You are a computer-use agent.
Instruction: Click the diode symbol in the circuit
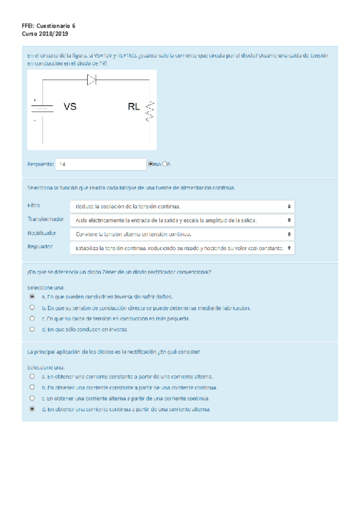[91, 79]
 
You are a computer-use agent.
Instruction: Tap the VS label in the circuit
[70, 107]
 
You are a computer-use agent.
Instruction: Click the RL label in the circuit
[133, 107]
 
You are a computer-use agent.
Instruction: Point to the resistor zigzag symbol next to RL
[149, 111]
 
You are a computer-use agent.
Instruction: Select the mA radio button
[150, 164]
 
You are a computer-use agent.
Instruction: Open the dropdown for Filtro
[182, 206]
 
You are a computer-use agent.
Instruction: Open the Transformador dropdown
[182, 220]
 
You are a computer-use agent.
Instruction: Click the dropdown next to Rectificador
[182, 234]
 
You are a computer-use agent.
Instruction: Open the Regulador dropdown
[182, 248]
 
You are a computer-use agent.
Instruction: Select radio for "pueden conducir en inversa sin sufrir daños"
[32, 296]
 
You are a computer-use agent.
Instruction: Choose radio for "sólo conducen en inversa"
[32, 329]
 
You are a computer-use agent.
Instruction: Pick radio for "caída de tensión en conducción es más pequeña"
[32, 318]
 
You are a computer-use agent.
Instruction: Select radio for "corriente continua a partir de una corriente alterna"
[32, 409]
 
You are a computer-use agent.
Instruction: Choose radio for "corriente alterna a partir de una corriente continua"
[32, 398]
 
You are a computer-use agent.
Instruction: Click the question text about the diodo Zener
[119, 272]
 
